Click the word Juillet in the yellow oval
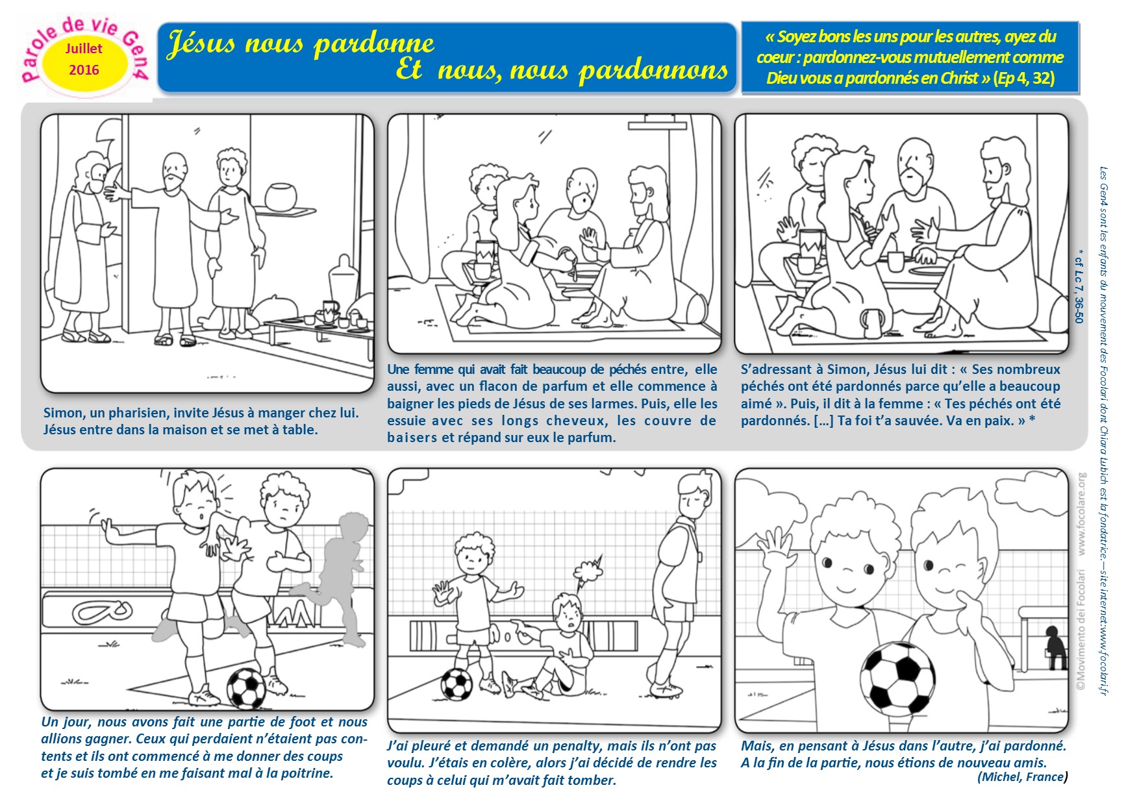[84, 49]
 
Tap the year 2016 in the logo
[84, 70]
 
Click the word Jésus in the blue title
[201, 44]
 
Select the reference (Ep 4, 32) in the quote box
[1023, 79]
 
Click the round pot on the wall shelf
[281, 195]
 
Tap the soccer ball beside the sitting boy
[457, 684]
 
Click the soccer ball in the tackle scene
[246, 688]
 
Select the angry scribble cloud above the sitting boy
[589, 569]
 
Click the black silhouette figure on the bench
[1055, 649]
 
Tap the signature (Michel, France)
[1022, 777]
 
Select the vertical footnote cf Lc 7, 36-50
[1079, 286]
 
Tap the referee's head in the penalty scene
[694, 495]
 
